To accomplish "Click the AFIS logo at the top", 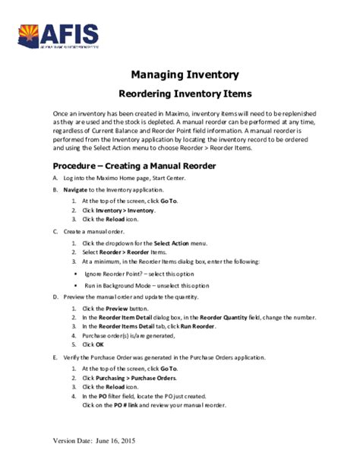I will [x=58, y=35].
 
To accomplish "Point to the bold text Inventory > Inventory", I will [x=126, y=210].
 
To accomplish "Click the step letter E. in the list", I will [x=55, y=356].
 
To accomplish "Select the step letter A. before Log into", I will [x=55, y=178].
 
